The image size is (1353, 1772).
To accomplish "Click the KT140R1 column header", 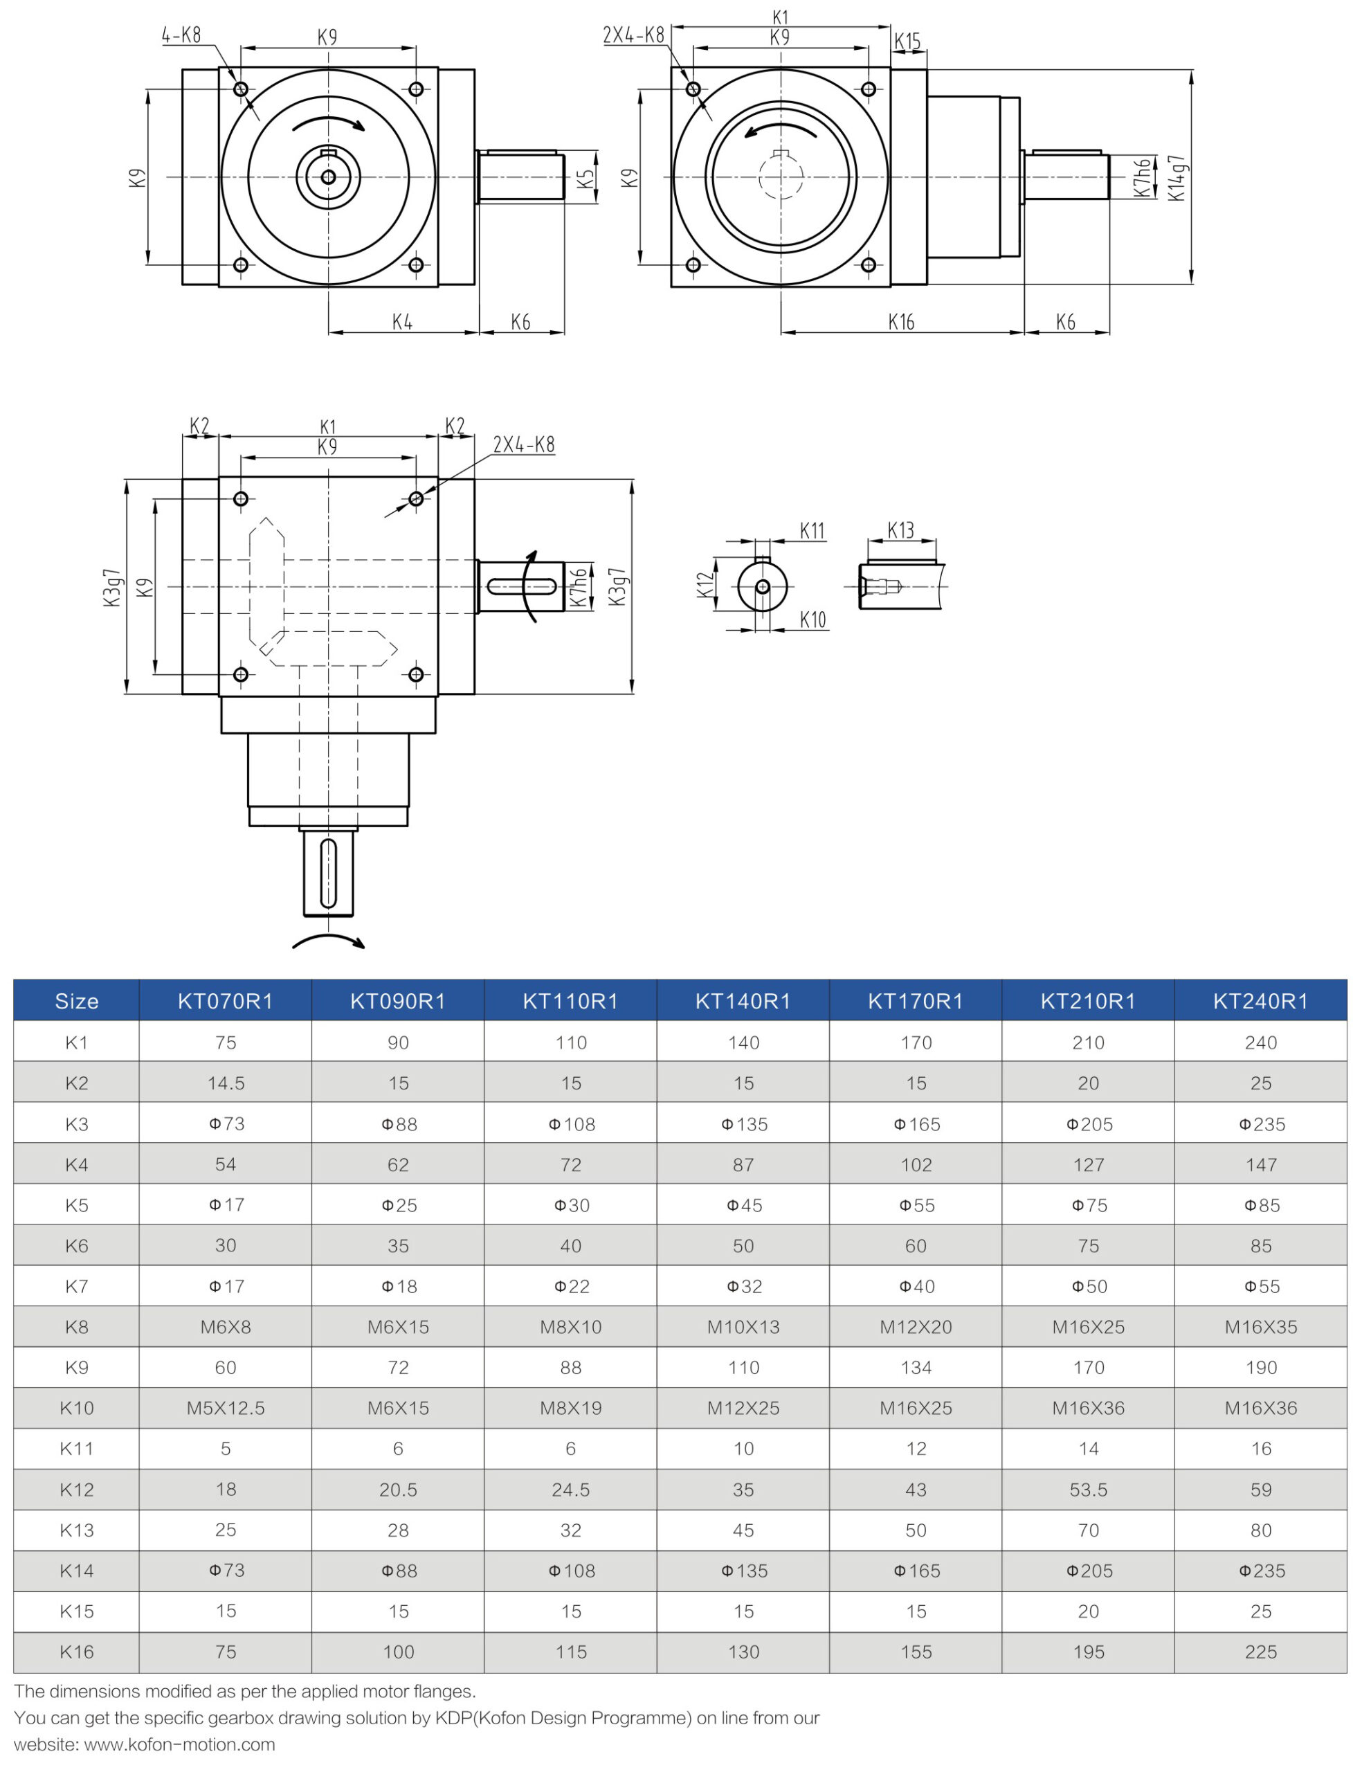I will click(743, 1000).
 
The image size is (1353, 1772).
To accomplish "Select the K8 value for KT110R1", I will click(570, 1327).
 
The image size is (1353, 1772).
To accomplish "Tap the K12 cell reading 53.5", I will click(1088, 1490).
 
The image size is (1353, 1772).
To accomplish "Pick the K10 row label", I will click(77, 1408).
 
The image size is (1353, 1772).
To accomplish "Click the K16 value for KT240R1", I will click(1260, 1652).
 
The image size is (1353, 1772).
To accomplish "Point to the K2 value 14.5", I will click(226, 1083).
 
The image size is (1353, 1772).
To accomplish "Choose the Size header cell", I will click(77, 1000).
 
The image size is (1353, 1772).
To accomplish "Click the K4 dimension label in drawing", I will click(402, 322).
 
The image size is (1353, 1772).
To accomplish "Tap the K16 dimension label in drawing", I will click(901, 322).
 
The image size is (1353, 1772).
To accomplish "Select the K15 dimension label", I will click(907, 41).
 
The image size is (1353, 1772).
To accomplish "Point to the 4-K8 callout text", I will click(181, 35).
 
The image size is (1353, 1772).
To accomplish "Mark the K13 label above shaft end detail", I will click(900, 530).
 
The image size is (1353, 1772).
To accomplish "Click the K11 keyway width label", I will click(812, 531).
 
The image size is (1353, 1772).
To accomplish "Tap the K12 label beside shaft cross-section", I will click(705, 585).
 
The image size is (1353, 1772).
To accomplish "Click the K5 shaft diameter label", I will click(587, 177).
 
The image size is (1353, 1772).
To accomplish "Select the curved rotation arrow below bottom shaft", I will click(329, 941).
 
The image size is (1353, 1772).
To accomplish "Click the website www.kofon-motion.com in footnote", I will click(179, 1744).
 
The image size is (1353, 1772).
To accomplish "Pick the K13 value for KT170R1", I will click(916, 1530).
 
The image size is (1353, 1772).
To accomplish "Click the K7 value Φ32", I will click(743, 1286).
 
